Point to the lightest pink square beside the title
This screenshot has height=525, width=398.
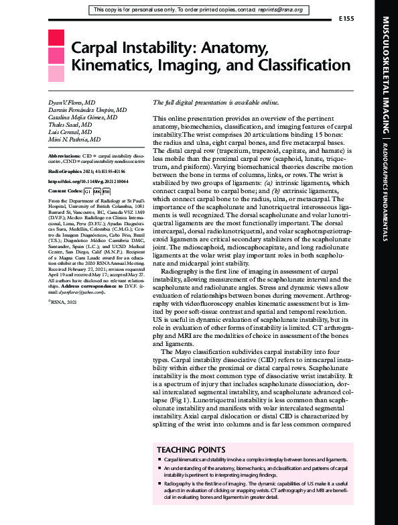point(57,73)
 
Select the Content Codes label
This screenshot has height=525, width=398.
point(68,191)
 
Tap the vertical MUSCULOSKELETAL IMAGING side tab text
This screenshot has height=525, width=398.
point(385,73)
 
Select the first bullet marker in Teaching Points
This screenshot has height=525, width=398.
point(159,461)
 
